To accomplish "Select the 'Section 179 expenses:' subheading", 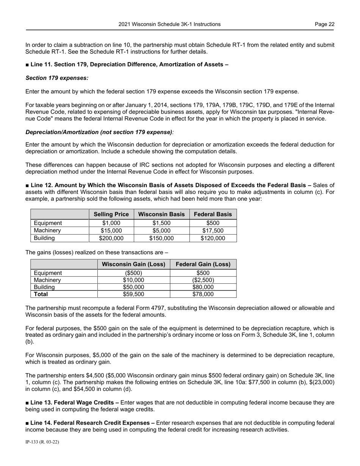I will click(x=57, y=78).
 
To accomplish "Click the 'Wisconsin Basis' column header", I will click(x=161, y=214).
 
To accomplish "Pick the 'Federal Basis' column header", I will click(x=213, y=214).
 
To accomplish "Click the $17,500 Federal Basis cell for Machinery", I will click(x=213, y=231).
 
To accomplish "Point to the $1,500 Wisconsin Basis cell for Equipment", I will click(x=161, y=223).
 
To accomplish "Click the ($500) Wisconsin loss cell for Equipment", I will click(x=133, y=273).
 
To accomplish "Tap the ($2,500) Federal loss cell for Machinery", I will click(x=203, y=280).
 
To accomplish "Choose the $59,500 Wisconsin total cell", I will click(x=133, y=294).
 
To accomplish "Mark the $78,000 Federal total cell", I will click(x=203, y=294).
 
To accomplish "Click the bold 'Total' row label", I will click(x=41, y=294).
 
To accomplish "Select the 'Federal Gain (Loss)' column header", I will click(x=203, y=264).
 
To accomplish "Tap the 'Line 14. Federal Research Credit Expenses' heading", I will click(x=89, y=422).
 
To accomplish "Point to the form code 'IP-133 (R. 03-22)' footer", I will click(x=42, y=442).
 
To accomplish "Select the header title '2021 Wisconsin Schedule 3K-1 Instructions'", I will click(x=169, y=24).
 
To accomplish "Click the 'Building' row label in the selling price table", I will click(x=44, y=238).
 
